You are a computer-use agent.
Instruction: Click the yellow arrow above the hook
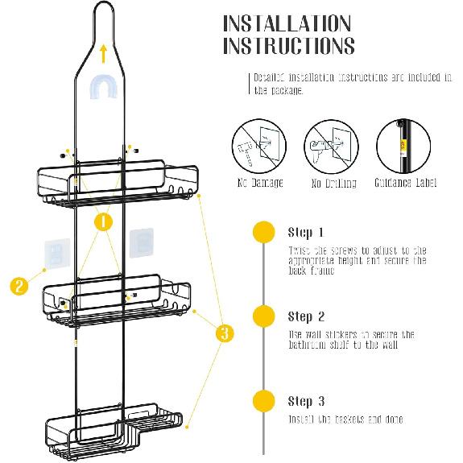104,53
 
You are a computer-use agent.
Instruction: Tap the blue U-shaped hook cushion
105,87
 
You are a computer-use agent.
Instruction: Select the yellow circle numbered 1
102,221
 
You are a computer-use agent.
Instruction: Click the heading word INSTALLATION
287,23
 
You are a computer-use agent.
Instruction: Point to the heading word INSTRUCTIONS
288,46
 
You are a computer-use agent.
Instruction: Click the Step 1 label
306,233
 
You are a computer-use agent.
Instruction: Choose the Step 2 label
306,316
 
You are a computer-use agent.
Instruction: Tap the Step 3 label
306,401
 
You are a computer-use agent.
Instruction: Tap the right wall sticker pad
142,243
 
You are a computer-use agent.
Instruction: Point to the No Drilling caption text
328,183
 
